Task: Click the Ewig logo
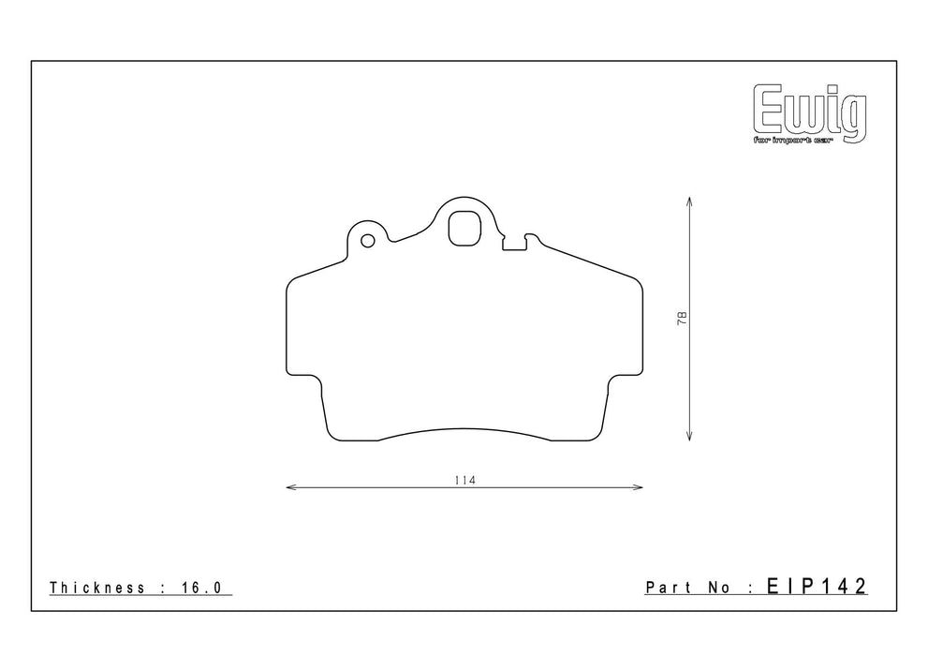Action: click(810, 113)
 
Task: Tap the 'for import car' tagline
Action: click(792, 141)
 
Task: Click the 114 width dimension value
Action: click(465, 480)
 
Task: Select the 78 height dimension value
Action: click(683, 318)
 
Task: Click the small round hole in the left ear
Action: click(367, 241)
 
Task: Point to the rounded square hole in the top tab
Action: click(464, 228)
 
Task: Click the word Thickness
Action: click(97, 588)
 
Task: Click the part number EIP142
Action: click(817, 586)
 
